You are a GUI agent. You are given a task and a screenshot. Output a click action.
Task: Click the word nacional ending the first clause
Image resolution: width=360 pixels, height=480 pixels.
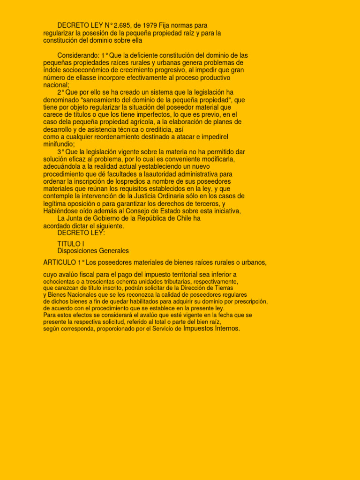[x=55, y=85]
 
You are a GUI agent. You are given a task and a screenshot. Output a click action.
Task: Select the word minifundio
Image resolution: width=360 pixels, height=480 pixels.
[x=58, y=144]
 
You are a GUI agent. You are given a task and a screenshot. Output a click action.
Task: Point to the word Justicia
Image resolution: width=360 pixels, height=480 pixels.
[x=140, y=196]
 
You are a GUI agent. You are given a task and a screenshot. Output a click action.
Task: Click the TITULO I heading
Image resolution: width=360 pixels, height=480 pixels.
[x=70, y=244]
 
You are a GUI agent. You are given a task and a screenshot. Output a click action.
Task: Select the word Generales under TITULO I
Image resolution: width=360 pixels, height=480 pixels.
[x=113, y=251]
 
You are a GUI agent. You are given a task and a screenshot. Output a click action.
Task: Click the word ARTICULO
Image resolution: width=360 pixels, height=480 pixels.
[x=60, y=262]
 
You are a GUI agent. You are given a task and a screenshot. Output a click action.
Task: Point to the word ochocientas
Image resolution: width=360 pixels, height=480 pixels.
[x=59, y=282]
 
